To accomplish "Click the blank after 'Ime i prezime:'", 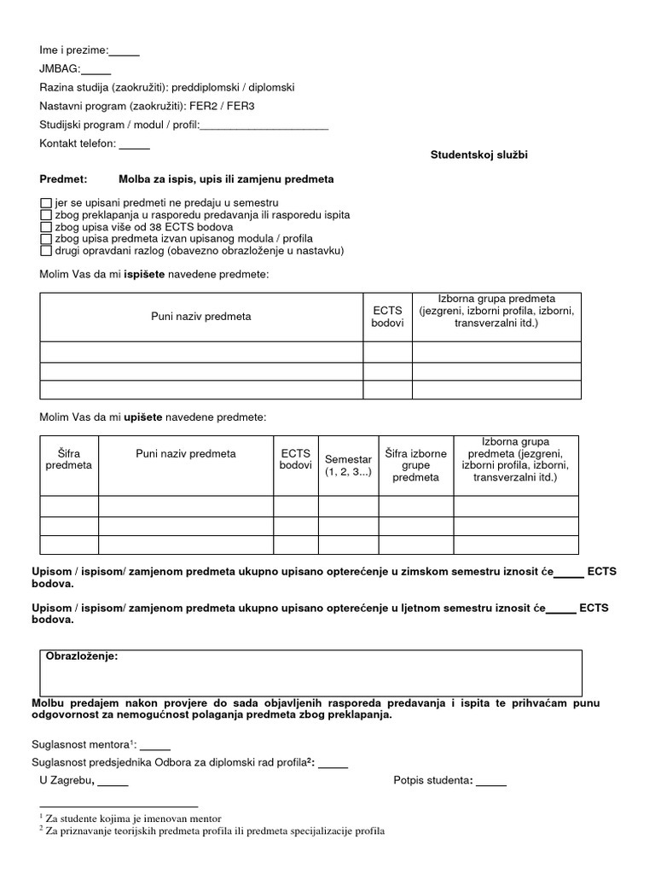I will coord(125,51).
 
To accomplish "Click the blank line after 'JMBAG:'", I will coord(96,70).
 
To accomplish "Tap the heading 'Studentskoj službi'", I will coord(484,154).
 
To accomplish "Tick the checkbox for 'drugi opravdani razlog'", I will coord(46,251).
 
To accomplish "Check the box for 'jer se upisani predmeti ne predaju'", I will coord(46,203).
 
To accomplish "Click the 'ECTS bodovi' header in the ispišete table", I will coord(388,317).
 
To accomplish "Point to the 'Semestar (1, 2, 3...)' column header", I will coord(348,466).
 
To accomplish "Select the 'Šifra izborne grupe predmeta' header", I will coord(415,465).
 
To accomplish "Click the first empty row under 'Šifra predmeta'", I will coord(69,505).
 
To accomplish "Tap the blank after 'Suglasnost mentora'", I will coord(155,743).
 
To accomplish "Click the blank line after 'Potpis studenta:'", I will coord(490,780).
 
